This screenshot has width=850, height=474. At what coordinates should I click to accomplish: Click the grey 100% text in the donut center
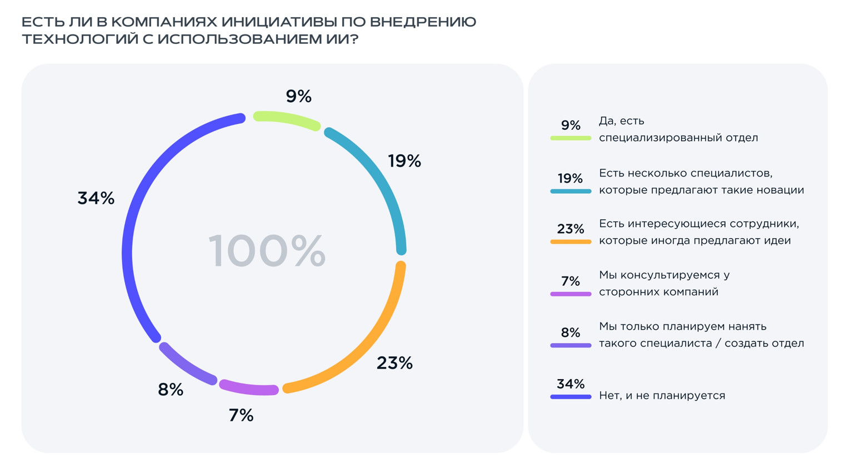267,251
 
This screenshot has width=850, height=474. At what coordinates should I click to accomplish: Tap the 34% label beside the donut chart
96,198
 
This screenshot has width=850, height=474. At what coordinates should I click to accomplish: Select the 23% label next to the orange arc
394,363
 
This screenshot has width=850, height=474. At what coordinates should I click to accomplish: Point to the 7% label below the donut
241,415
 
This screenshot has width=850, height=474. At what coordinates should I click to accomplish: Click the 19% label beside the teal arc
404,161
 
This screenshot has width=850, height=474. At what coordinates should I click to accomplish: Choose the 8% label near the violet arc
171,390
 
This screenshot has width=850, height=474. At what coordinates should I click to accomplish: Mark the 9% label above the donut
298,97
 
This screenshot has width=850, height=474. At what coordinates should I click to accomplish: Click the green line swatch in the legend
571,138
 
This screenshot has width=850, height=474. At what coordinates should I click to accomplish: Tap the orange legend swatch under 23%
571,242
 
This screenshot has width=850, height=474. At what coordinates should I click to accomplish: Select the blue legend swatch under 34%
571,397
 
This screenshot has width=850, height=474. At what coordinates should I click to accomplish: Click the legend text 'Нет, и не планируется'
662,396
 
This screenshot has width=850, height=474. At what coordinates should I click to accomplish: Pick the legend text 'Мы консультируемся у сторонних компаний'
664,283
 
